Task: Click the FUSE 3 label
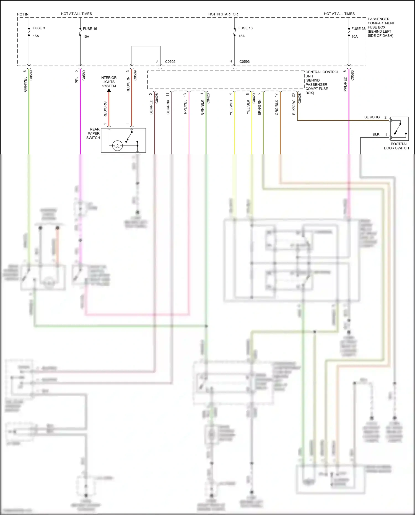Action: (38, 28)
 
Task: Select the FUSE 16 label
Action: (90, 29)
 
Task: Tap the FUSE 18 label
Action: (245, 28)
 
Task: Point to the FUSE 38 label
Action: (358, 29)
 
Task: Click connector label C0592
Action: (170, 62)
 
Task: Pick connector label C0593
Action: (244, 62)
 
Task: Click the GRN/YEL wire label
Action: (25, 84)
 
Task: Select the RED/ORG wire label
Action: (105, 109)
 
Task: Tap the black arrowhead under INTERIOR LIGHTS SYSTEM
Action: (109, 90)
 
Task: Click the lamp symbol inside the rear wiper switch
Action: (117, 146)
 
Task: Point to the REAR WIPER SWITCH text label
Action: (93, 133)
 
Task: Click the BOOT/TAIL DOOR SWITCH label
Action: (396, 146)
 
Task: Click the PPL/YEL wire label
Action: (185, 107)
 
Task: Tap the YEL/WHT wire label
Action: (231, 108)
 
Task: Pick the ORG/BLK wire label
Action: (277, 108)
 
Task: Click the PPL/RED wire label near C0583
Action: (345, 84)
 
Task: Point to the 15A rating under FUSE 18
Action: (242, 36)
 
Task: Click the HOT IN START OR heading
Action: (223, 14)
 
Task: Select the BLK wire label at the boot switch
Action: (376, 134)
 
